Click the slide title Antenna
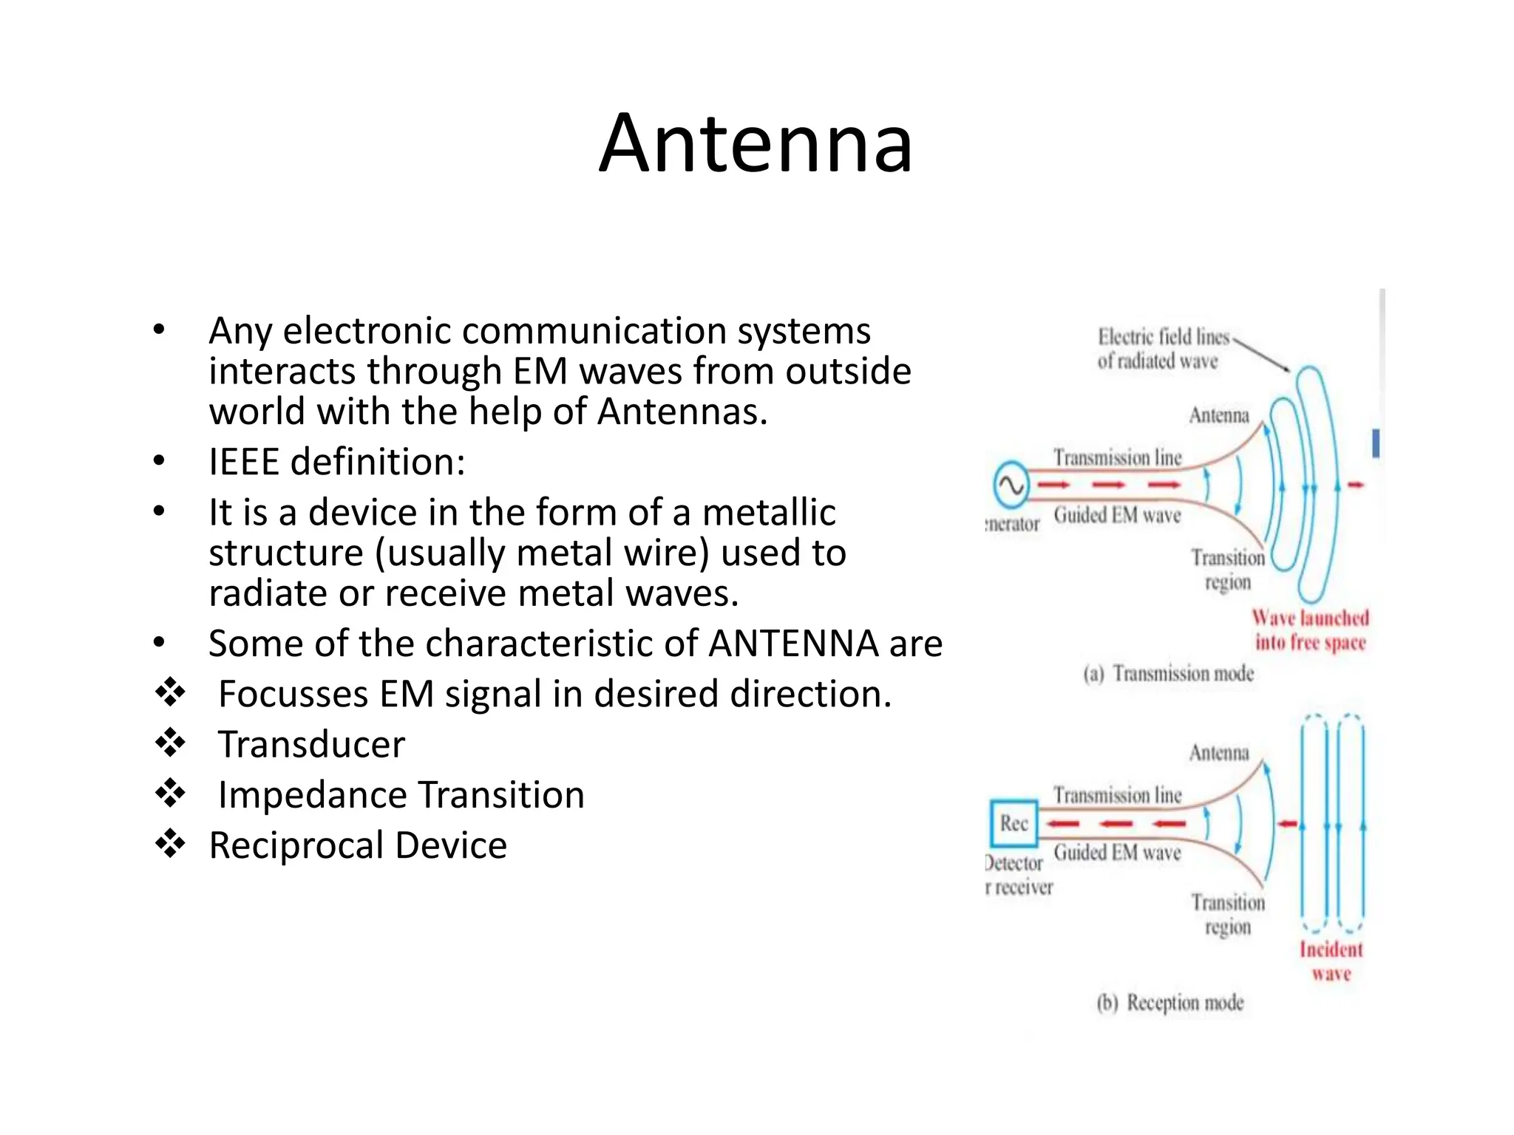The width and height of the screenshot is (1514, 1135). click(x=756, y=143)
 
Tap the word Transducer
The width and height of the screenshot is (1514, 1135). click(x=311, y=745)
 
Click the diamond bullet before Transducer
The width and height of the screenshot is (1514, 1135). click(x=170, y=743)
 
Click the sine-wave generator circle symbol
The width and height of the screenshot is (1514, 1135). click(x=1010, y=485)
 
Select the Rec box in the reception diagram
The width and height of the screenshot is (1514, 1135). click(x=1014, y=823)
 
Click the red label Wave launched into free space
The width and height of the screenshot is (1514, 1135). click(x=1310, y=630)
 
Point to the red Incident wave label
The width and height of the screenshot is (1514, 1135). click(x=1331, y=961)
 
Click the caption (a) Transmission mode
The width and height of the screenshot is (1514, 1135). click(x=1169, y=674)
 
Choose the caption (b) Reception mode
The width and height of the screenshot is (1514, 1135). click(x=1170, y=1003)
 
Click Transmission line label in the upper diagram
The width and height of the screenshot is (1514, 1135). click(x=1117, y=458)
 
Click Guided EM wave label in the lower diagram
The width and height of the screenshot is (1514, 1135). click(x=1117, y=853)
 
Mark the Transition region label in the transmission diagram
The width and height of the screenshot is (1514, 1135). click(x=1227, y=570)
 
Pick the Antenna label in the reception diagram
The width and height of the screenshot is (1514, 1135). click(x=1219, y=753)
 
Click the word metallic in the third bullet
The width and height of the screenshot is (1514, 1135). click(x=769, y=513)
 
